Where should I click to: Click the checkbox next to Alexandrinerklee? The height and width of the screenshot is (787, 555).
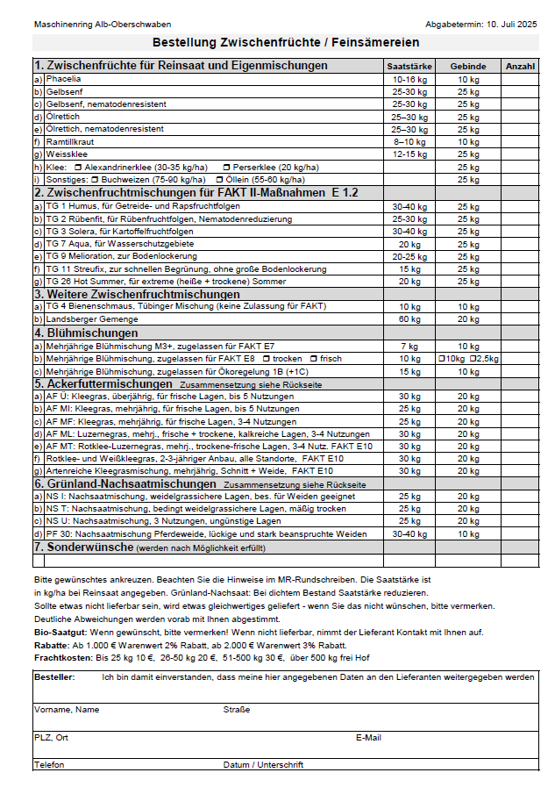[78, 167]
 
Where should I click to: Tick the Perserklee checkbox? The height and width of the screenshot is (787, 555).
[227, 167]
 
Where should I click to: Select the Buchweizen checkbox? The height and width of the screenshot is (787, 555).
[95, 179]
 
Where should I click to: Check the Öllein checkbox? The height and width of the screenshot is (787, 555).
[218, 179]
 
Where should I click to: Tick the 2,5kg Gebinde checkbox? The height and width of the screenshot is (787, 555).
[473, 359]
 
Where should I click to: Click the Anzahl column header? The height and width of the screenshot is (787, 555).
[521, 66]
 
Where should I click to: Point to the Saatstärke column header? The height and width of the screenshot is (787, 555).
[409, 66]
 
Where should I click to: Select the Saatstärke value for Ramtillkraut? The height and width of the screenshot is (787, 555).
[409, 141]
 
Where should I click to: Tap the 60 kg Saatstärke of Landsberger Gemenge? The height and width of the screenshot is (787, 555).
[409, 319]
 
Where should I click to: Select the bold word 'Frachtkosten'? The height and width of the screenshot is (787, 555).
[62, 657]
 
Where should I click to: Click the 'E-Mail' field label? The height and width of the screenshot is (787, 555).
[368, 738]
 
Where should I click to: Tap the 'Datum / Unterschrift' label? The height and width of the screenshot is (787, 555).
[263, 764]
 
